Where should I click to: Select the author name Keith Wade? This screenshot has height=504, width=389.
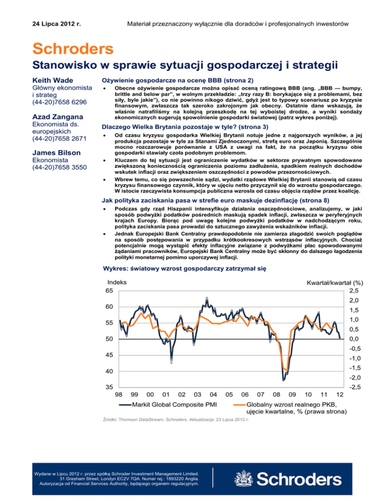(x=53, y=80)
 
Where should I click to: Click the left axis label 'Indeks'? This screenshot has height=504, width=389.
(x=117, y=282)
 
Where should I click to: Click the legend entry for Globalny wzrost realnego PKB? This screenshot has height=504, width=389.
(x=292, y=405)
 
